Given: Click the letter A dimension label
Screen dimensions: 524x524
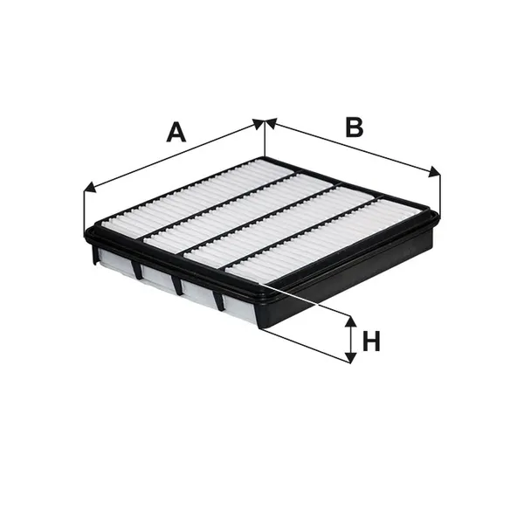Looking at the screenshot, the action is coord(176,133).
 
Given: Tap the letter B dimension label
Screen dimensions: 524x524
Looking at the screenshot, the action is coord(355,127).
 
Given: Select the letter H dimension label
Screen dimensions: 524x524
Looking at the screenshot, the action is coord(371,341).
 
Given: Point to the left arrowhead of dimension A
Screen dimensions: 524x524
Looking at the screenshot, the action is coord(90,188).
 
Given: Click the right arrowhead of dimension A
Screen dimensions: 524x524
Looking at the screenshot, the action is coord(259,124).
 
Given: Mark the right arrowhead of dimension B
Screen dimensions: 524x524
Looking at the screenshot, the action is coord(434,172).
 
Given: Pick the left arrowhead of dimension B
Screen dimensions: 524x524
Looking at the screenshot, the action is coord(272,123).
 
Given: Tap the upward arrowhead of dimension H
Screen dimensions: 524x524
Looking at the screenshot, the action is coord(350,321).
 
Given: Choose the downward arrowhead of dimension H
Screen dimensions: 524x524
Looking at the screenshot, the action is coord(350,357).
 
